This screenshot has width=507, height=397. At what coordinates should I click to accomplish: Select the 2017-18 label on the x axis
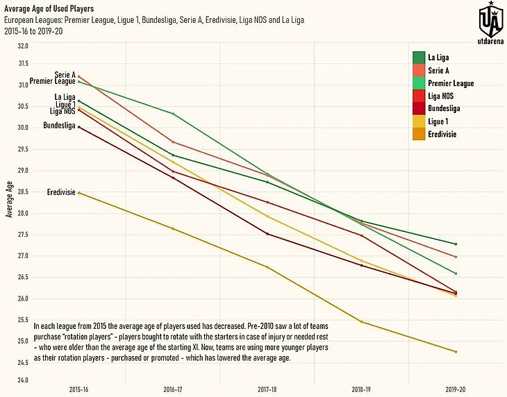tap(267, 389)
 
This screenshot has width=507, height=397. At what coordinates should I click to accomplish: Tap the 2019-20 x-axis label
tap(456, 389)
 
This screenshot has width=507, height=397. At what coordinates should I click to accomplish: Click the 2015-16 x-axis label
tap(78, 389)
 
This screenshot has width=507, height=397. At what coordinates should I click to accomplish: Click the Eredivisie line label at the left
tap(61, 192)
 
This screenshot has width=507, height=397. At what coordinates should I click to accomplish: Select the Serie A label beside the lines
tap(65, 74)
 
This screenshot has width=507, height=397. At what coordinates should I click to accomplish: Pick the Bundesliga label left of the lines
tap(60, 126)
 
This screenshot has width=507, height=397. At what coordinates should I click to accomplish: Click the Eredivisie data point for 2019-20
tap(456, 352)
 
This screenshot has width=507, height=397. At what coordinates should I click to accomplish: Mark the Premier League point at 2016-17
tap(173, 114)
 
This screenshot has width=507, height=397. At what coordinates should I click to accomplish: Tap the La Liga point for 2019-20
tap(456, 244)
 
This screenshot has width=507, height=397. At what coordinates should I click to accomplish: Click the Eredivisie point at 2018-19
tap(362, 322)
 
